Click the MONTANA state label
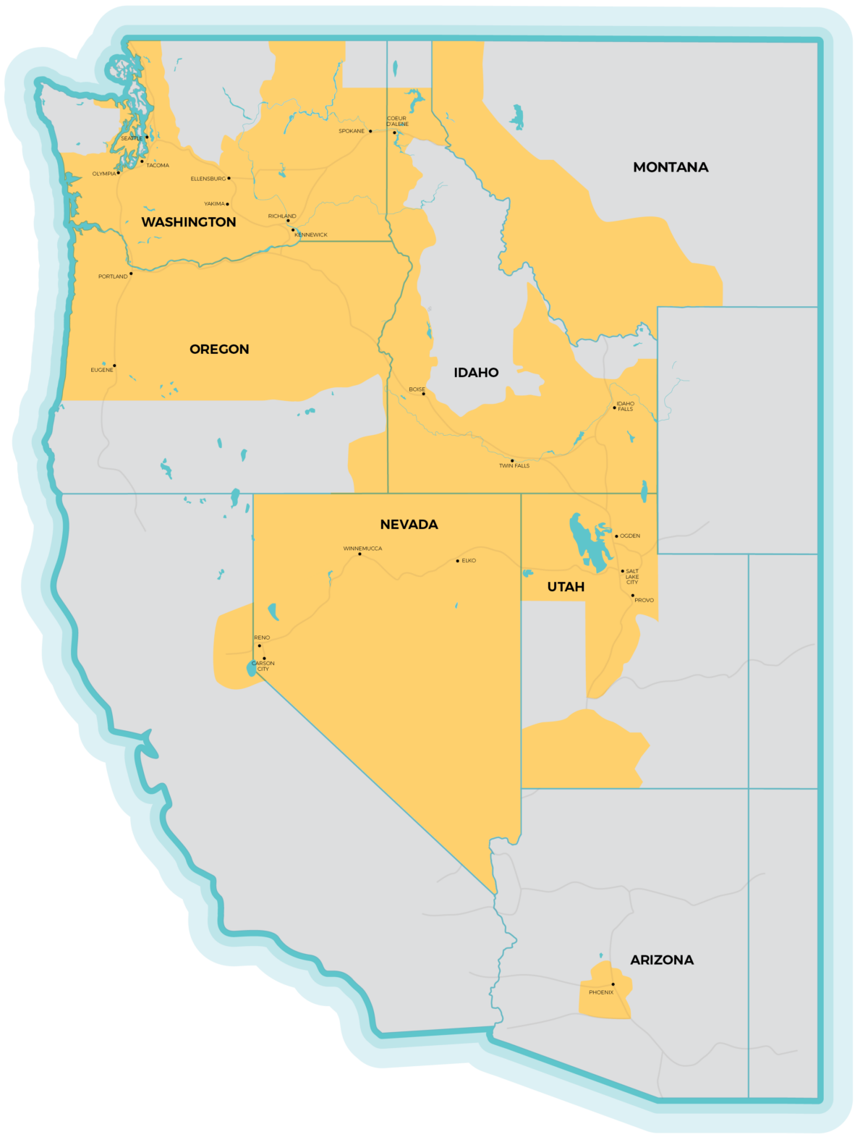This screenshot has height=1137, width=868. click(x=671, y=167)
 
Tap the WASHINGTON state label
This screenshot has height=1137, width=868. click(x=189, y=222)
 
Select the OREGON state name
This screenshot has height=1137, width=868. click(x=219, y=350)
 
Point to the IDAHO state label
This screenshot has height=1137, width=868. click(x=476, y=373)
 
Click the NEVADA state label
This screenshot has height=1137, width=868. click(x=409, y=525)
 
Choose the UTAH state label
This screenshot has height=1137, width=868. click(x=566, y=587)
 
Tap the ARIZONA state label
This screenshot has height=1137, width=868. click(x=662, y=960)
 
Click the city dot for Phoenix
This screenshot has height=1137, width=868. click(x=613, y=984)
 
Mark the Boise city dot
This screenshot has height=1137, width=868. click(x=424, y=394)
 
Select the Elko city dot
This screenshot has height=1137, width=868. click(x=457, y=561)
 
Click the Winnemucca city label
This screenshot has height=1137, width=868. click(x=362, y=549)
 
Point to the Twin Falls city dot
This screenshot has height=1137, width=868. click(x=512, y=460)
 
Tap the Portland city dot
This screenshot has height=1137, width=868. click(x=131, y=274)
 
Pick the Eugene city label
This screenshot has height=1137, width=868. click(x=101, y=370)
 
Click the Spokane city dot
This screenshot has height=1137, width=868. click(x=370, y=131)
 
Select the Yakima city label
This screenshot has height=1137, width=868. click(x=213, y=204)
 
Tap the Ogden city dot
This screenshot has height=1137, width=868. click(x=616, y=536)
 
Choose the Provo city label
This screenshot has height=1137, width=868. click(x=644, y=600)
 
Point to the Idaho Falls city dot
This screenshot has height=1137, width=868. click(x=615, y=408)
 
